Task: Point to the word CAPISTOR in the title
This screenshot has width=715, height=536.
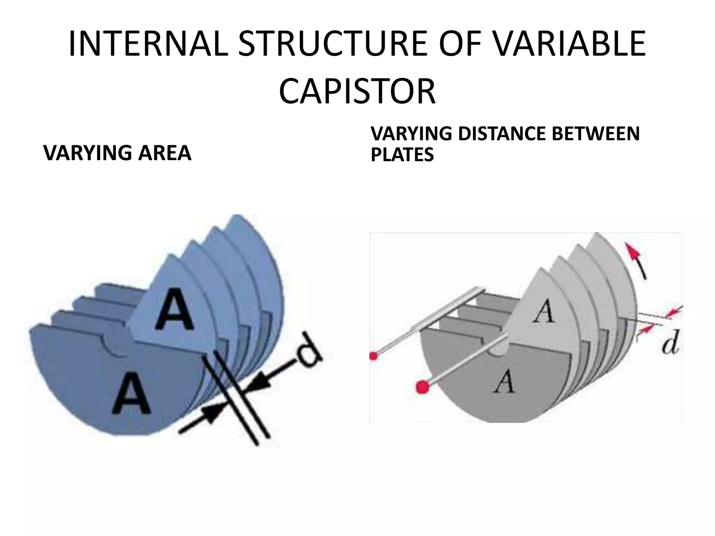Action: coord(357,92)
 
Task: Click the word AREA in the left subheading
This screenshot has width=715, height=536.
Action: coord(165,153)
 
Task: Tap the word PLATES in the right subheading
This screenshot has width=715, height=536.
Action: coord(402,155)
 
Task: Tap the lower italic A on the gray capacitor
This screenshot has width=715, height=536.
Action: coord(504,381)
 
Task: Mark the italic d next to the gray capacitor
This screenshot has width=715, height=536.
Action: coord(670,343)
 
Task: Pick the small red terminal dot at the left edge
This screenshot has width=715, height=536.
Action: coord(374,356)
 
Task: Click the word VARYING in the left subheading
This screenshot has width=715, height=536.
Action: coord(87,153)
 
